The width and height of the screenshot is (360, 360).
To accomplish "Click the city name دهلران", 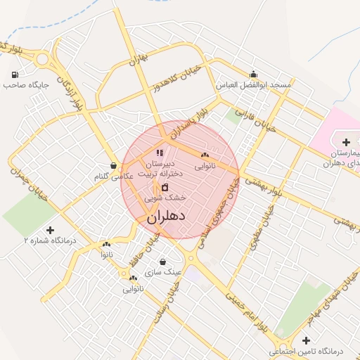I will [x=166, y=217].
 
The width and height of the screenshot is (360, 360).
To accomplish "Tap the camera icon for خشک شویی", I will [x=165, y=188].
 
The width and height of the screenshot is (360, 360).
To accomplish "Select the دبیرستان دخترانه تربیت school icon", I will [x=160, y=153].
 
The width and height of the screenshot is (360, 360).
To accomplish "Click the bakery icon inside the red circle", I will [x=205, y=155].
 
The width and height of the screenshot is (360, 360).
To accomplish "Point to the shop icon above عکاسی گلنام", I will [x=113, y=166].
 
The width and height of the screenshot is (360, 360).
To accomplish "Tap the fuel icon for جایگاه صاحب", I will [x=15, y=74].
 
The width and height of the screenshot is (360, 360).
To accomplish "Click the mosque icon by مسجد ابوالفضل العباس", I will [x=253, y=75].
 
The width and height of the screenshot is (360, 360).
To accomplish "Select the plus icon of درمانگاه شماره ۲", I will [x=49, y=229].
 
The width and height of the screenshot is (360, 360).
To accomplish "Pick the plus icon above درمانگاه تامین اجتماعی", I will [x=305, y=340].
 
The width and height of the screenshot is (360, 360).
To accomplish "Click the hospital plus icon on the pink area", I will [x=346, y=142].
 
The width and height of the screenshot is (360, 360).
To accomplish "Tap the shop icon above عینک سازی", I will [x=162, y=262].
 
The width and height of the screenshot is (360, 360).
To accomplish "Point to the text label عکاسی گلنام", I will [x=113, y=177].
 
